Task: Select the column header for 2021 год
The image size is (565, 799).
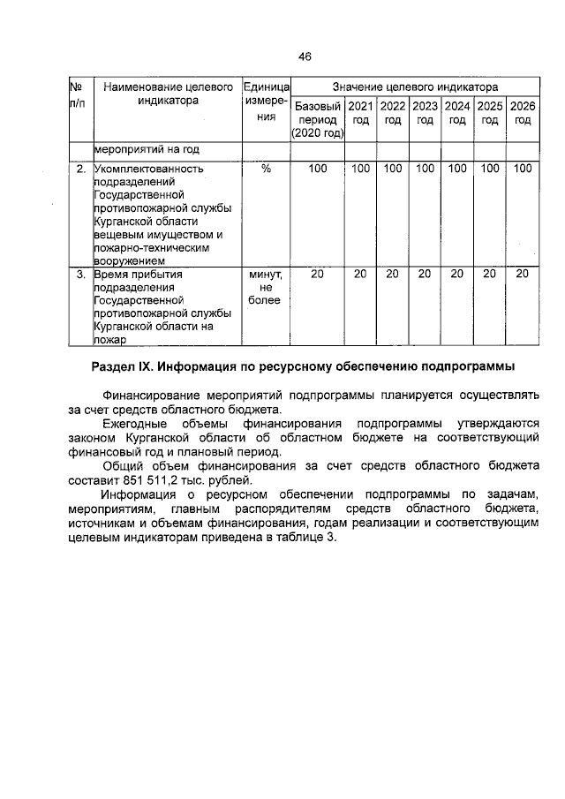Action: click(360, 113)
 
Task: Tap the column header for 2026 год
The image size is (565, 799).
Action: click(523, 113)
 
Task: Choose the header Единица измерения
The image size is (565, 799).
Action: click(265, 102)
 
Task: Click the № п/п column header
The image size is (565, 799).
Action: click(78, 95)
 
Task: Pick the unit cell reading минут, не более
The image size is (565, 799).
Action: click(266, 288)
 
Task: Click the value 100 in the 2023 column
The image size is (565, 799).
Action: click(426, 168)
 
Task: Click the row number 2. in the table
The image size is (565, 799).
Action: click(80, 168)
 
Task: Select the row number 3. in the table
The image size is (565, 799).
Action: click(80, 275)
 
